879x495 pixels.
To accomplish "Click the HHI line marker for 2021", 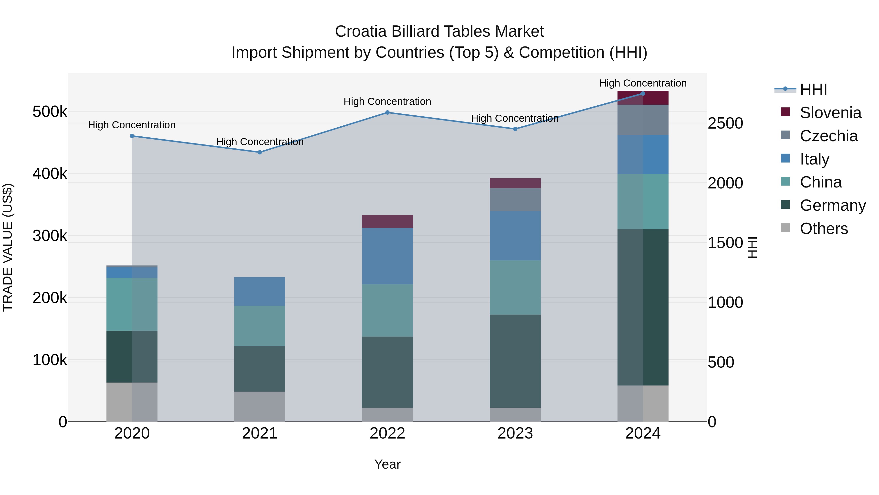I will coord(260,152).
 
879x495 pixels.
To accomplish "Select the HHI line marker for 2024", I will coord(643,94).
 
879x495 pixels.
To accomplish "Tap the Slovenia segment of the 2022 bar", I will coord(387,221).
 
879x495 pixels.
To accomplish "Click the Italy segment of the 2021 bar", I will coord(260,291).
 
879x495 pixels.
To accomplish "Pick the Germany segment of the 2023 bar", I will coord(515,361).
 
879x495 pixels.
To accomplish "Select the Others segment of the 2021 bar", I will coord(260,406).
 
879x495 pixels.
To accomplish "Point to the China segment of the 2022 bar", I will coord(387,310).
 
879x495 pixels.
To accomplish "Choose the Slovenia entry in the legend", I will coord(830,113).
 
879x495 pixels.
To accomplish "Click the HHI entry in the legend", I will coord(813,89).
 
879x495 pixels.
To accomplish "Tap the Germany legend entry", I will coord(832,205).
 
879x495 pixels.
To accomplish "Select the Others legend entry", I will coord(823,229).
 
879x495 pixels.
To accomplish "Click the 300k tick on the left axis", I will coord(50,236).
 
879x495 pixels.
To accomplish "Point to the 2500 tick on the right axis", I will coord(725,123).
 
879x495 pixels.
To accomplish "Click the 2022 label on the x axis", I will coord(387,433).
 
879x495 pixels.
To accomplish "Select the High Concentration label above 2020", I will coord(132,125).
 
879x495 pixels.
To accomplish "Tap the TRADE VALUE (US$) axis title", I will coord(8,247).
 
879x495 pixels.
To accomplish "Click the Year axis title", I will coord(387,464).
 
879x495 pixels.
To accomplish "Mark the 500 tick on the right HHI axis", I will coord(721,362).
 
